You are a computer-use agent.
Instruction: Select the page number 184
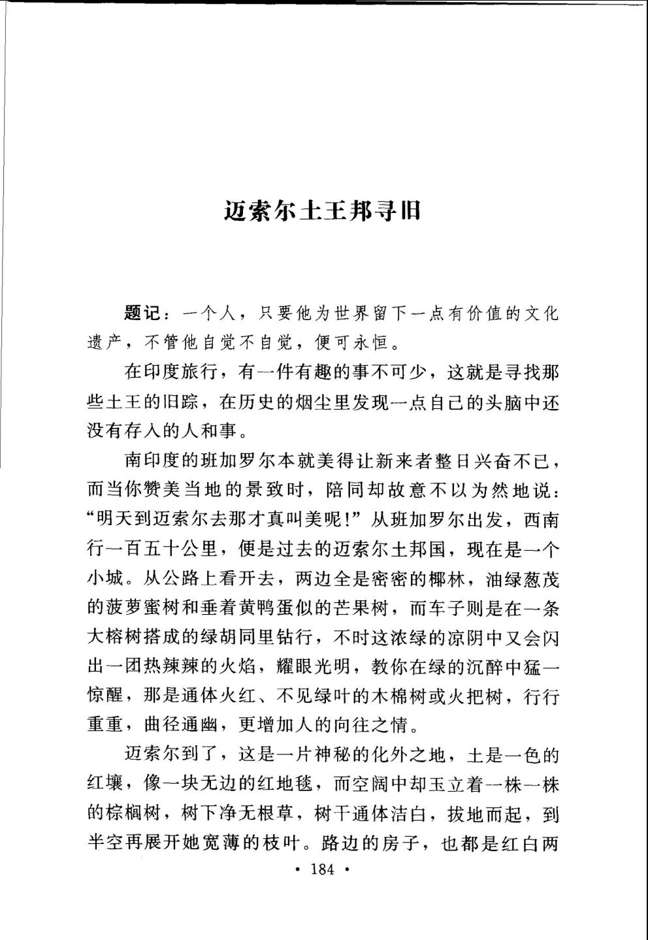pyautogui.click(x=323, y=869)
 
